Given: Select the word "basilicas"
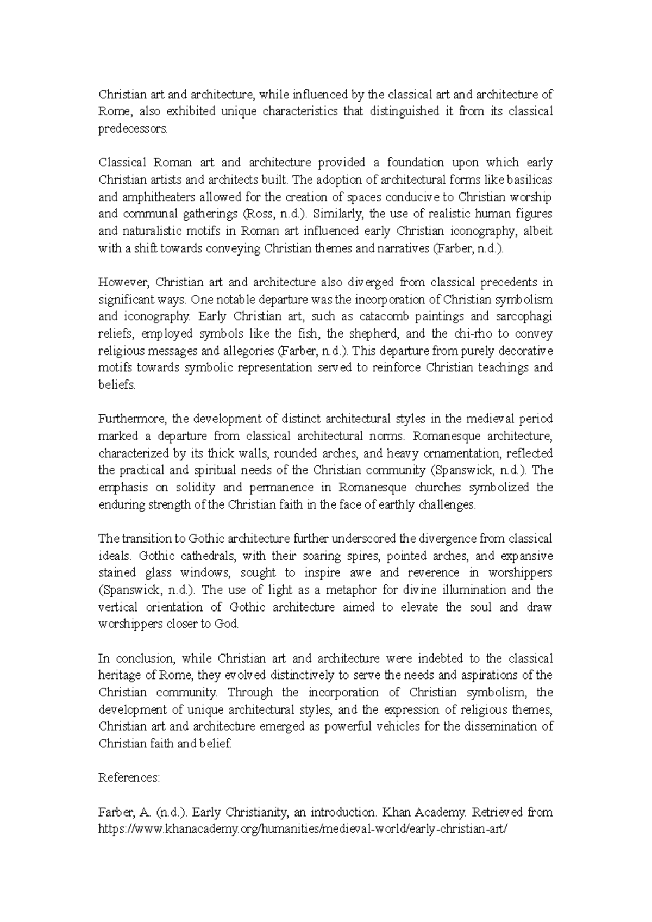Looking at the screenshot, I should pos(529,179).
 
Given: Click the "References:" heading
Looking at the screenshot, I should pos(129,777).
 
